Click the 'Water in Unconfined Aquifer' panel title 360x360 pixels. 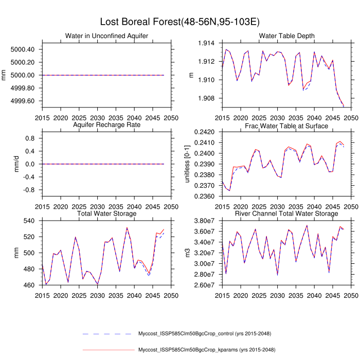pyautogui.click(x=106, y=35)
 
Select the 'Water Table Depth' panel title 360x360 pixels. pyautogui.click(x=287, y=35)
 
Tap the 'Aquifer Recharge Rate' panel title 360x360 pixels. pyautogui.click(x=106, y=125)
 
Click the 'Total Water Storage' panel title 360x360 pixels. pyautogui.click(x=106, y=213)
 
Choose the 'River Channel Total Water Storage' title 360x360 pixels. pyautogui.click(x=287, y=213)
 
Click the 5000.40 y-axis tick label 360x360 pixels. pyautogui.click(x=23, y=49)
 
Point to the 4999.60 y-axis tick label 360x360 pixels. pyautogui.click(x=23, y=101)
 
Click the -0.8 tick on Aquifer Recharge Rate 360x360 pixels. pyautogui.click(x=31, y=190)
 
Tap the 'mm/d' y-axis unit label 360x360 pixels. pyautogui.click(x=5, y=164)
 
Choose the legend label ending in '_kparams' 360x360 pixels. pyautogui.click(x=196, y=350)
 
